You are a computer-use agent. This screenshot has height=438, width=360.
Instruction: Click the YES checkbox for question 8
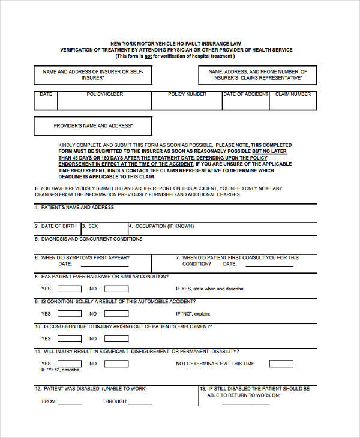(69, 288)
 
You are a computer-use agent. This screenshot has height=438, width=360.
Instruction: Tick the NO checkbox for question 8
(116, 288)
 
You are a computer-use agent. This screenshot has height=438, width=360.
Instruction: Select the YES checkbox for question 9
(69, 313)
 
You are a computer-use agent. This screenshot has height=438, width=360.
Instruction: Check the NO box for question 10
(116, 338)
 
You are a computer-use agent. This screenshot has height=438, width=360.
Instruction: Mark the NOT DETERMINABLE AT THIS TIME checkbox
(281, 364)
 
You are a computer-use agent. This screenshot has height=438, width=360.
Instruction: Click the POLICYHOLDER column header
(105, 94)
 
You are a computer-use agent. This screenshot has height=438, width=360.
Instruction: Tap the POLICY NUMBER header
(187, 94)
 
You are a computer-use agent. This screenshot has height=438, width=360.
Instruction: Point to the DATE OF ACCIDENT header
(245, 94)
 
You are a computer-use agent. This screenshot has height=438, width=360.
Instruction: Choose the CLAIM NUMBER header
(293, 94)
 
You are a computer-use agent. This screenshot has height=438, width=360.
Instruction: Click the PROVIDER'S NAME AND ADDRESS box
(93, 126)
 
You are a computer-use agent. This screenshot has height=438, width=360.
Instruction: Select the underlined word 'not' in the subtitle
(148, 56)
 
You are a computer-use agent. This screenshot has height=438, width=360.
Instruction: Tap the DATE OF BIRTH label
(58, 226)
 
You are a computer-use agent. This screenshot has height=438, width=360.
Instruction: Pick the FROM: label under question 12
(49, 401)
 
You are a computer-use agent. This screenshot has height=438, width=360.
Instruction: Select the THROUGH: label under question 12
(115, 401)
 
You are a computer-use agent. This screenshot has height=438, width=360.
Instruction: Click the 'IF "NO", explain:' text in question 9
(193, 314)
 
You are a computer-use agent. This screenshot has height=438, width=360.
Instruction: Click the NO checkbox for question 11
(116, 364)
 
